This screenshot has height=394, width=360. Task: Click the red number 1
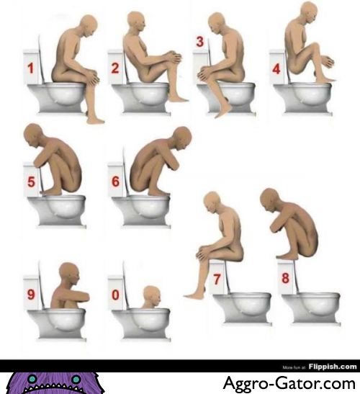coord(31,68)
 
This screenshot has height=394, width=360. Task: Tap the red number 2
coord(115,68)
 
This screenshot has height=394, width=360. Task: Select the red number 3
coord(200,42)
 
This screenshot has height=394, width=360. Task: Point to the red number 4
coord(276,69)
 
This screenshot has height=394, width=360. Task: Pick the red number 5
coord(31,182)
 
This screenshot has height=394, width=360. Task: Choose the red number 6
coord(116,182)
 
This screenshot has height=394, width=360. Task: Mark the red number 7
coord(217,279)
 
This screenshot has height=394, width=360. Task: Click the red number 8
coord(285,278)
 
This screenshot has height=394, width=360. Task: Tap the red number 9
coord(31,295)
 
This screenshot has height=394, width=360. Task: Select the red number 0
coord(115,295)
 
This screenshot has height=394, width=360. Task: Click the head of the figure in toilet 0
coord(152,296)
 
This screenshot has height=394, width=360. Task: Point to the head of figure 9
coord(69,274)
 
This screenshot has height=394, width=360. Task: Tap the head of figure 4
coord(310,12)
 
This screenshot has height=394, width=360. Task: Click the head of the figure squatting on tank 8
coord(270,200)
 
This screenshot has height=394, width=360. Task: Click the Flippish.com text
coord(333,367)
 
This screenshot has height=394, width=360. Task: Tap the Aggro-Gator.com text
coord(289,383)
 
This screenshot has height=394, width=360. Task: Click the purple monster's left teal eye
coord(32,379)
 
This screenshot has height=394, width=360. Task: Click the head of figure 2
coord(136,21)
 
